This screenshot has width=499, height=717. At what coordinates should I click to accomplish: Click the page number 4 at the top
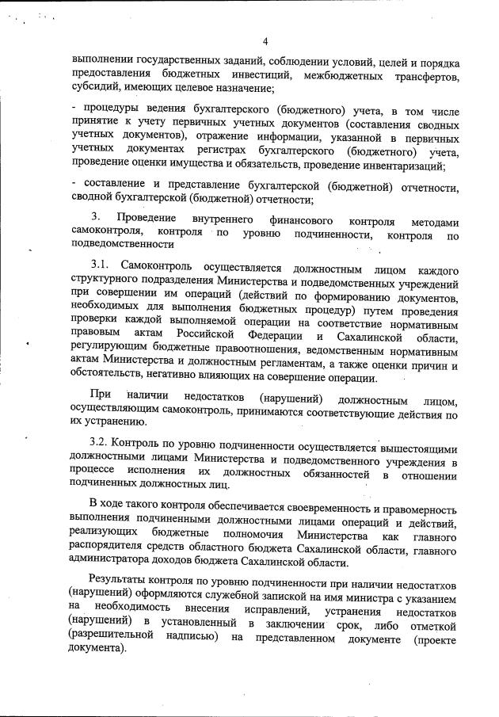265,42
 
